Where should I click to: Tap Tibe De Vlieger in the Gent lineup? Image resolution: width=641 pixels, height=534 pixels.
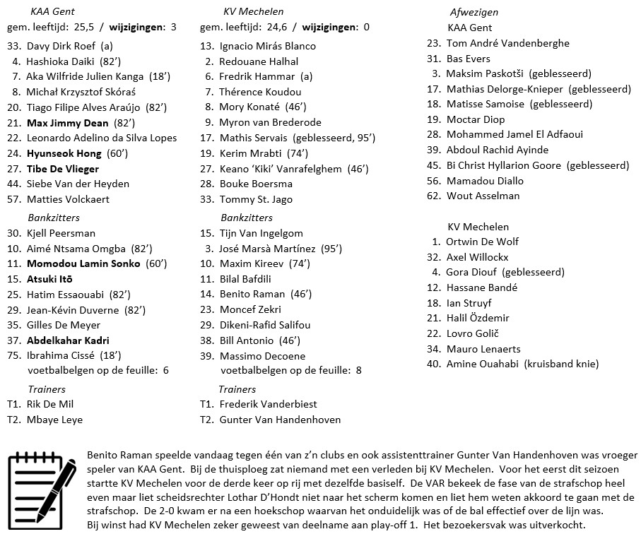pos(63,169)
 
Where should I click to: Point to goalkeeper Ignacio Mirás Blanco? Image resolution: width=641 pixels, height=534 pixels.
pos(267,46)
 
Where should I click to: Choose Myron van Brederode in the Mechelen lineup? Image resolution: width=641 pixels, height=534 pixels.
pos(270,123)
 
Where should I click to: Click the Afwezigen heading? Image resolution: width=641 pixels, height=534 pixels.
pos(474,13)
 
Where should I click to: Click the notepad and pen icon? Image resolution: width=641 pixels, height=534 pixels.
pos(42,485)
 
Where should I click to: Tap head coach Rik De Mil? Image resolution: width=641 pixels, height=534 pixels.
pos(50,405)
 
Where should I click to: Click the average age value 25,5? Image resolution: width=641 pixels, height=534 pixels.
pos(84,28)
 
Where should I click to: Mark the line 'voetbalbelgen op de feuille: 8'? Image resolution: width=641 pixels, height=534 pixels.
pos(290,370)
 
